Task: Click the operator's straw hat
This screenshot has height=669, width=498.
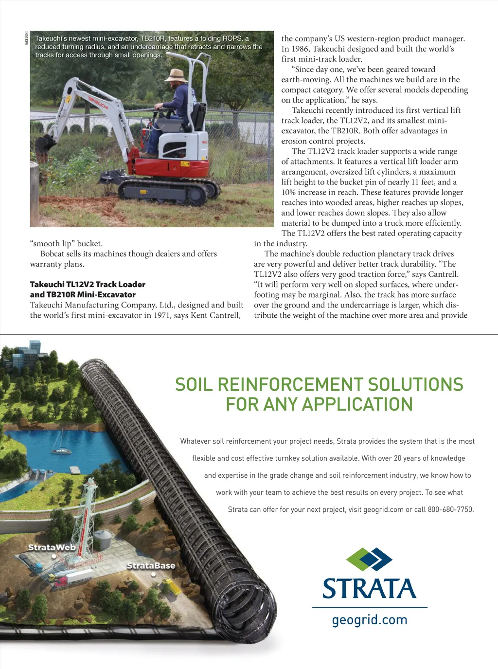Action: coord(176,75)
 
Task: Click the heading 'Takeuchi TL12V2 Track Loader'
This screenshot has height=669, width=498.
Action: coord(88,284)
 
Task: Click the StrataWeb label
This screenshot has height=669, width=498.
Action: coord(52,547)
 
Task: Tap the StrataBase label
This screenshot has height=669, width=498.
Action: coord(151,565)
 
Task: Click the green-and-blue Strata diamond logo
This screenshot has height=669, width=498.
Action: coord(369,559)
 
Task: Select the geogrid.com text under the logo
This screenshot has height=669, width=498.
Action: coord(370,620)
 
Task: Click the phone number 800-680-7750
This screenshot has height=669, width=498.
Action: coord(450,509)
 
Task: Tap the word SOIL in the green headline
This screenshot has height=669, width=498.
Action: coord(194,384)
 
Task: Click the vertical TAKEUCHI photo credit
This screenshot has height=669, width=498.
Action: coord(26,38)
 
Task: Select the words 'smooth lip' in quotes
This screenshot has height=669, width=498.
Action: coord(51,243)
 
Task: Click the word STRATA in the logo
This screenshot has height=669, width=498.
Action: coord(369,588)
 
